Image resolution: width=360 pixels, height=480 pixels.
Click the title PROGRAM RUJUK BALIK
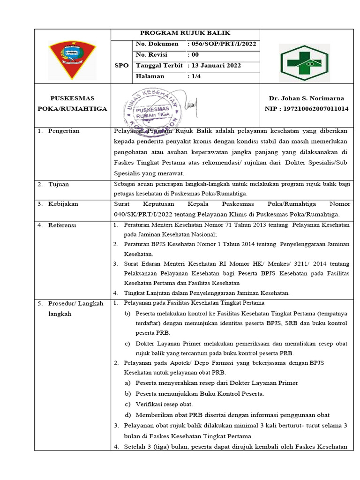(185, 33)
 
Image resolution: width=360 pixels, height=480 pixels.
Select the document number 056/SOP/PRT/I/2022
(223, 44)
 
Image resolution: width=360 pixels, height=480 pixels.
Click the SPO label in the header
(121, 66)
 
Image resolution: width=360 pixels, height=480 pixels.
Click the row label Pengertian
(64, 131)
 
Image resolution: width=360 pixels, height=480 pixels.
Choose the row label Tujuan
(58, 184)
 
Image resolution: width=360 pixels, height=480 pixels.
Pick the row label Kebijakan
(63, 204)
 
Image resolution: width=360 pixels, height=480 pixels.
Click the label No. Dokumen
(157, 44)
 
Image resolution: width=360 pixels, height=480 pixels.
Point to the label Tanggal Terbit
(159, 66)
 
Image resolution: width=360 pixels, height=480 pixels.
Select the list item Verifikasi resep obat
(164, 404)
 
